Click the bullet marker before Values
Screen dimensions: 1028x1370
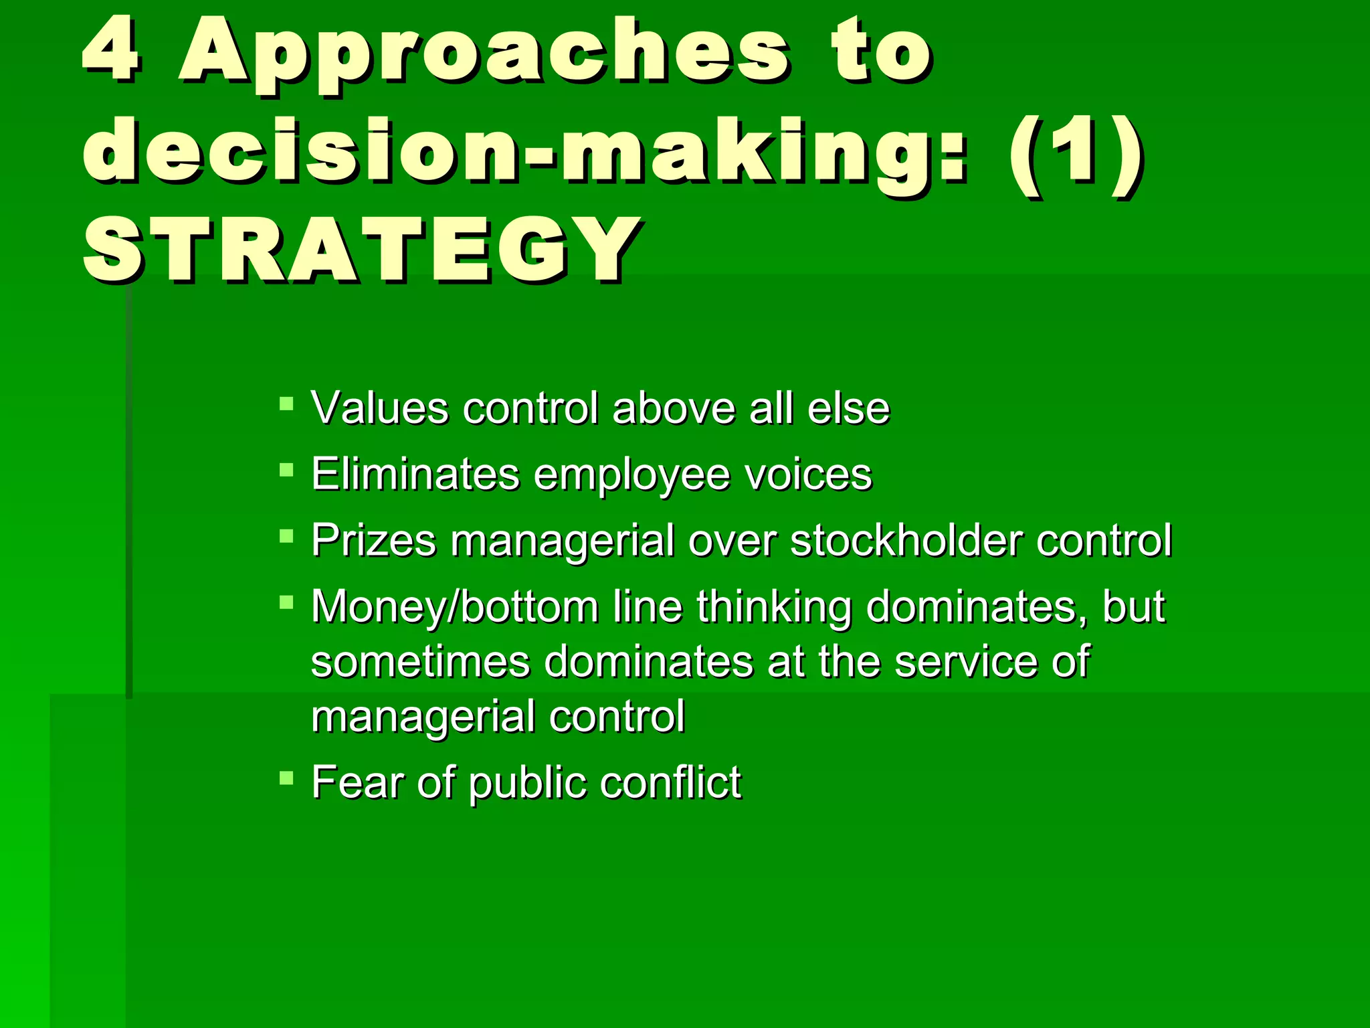286,404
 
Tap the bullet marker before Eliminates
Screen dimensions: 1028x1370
286,470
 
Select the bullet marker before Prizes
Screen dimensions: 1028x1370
286,536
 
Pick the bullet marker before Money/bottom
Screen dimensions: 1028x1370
286,602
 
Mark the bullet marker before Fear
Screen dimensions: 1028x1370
286,777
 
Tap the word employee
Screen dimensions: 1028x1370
631,476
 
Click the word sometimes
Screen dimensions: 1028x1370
420,662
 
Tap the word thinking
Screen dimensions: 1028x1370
774,607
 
